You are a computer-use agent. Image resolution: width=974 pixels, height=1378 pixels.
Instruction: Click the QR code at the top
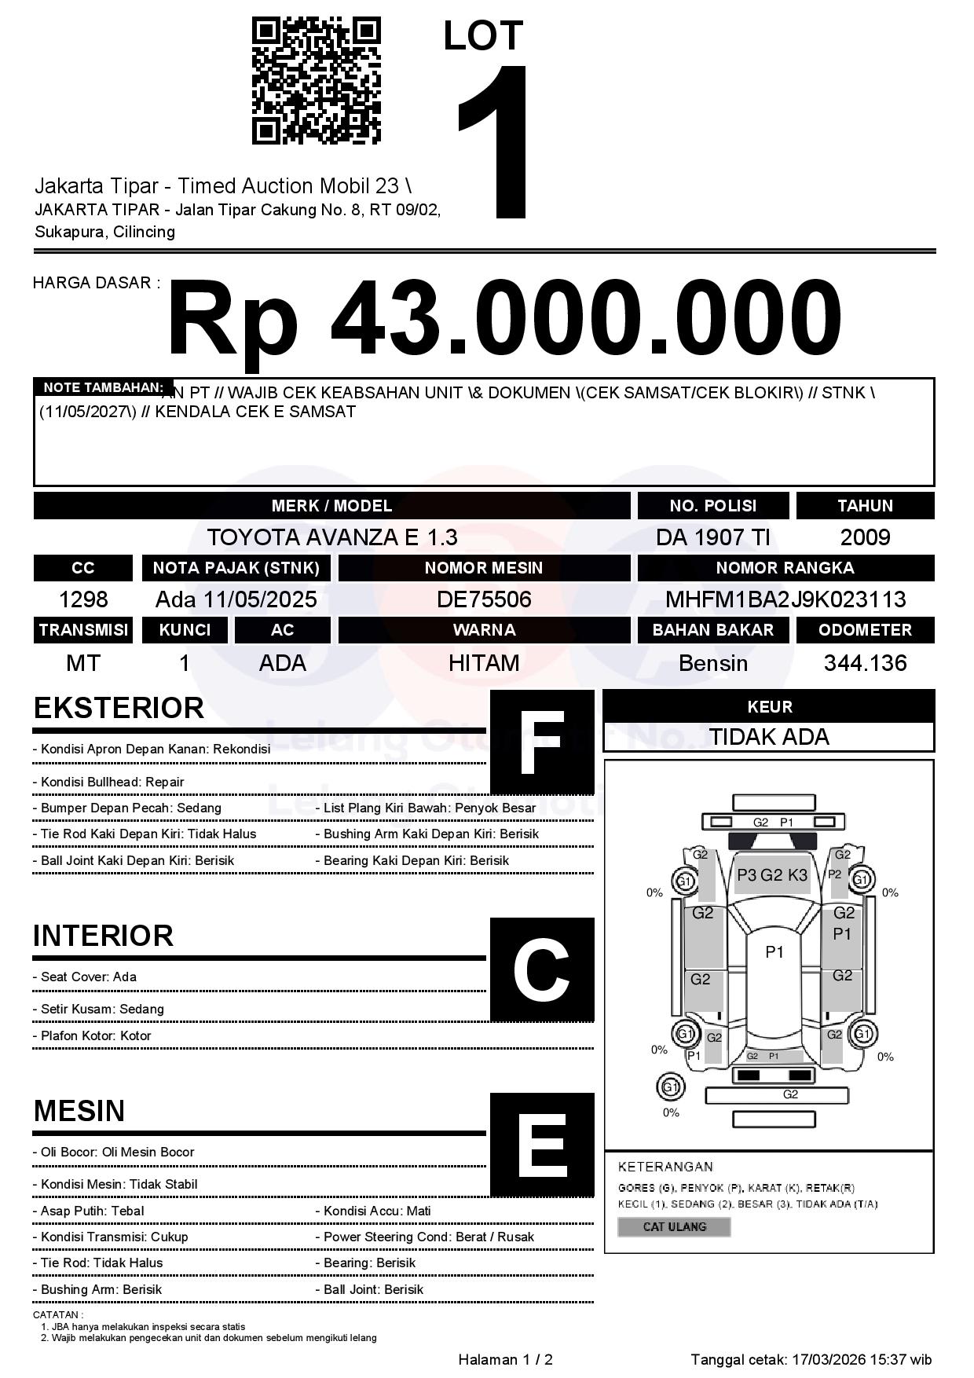[316, 81]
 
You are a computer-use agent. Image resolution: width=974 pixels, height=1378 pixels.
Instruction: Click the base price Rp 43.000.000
[504, 318]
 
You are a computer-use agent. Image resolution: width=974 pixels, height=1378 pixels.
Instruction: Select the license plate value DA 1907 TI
[712, 537]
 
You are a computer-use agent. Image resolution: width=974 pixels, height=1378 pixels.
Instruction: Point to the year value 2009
[865, 537]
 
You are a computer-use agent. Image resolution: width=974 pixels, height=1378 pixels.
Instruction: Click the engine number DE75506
[484, 599]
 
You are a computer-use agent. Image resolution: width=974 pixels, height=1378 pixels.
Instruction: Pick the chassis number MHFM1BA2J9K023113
[785, 599]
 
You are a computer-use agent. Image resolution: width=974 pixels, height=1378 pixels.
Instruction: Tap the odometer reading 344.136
[865, 663]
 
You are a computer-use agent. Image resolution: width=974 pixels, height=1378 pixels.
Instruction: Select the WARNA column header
[484, 630]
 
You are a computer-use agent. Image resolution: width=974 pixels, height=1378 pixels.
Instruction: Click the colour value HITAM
[484, 663]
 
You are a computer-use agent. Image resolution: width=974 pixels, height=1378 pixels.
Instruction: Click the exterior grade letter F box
[542, 742]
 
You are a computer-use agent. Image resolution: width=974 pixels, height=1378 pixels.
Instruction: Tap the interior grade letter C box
[542, 969]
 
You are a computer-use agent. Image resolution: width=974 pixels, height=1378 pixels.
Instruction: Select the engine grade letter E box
[542, 1145]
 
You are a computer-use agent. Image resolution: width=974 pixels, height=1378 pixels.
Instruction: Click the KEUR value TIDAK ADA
[769, 737]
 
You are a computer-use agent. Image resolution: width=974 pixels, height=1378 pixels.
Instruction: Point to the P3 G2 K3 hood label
[772, 875]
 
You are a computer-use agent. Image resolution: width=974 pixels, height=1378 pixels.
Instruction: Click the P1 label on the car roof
[774, 952]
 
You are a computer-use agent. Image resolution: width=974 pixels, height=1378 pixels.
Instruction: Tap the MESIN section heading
[79, 1111]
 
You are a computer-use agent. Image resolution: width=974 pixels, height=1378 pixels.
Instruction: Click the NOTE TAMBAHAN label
[103, 387]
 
